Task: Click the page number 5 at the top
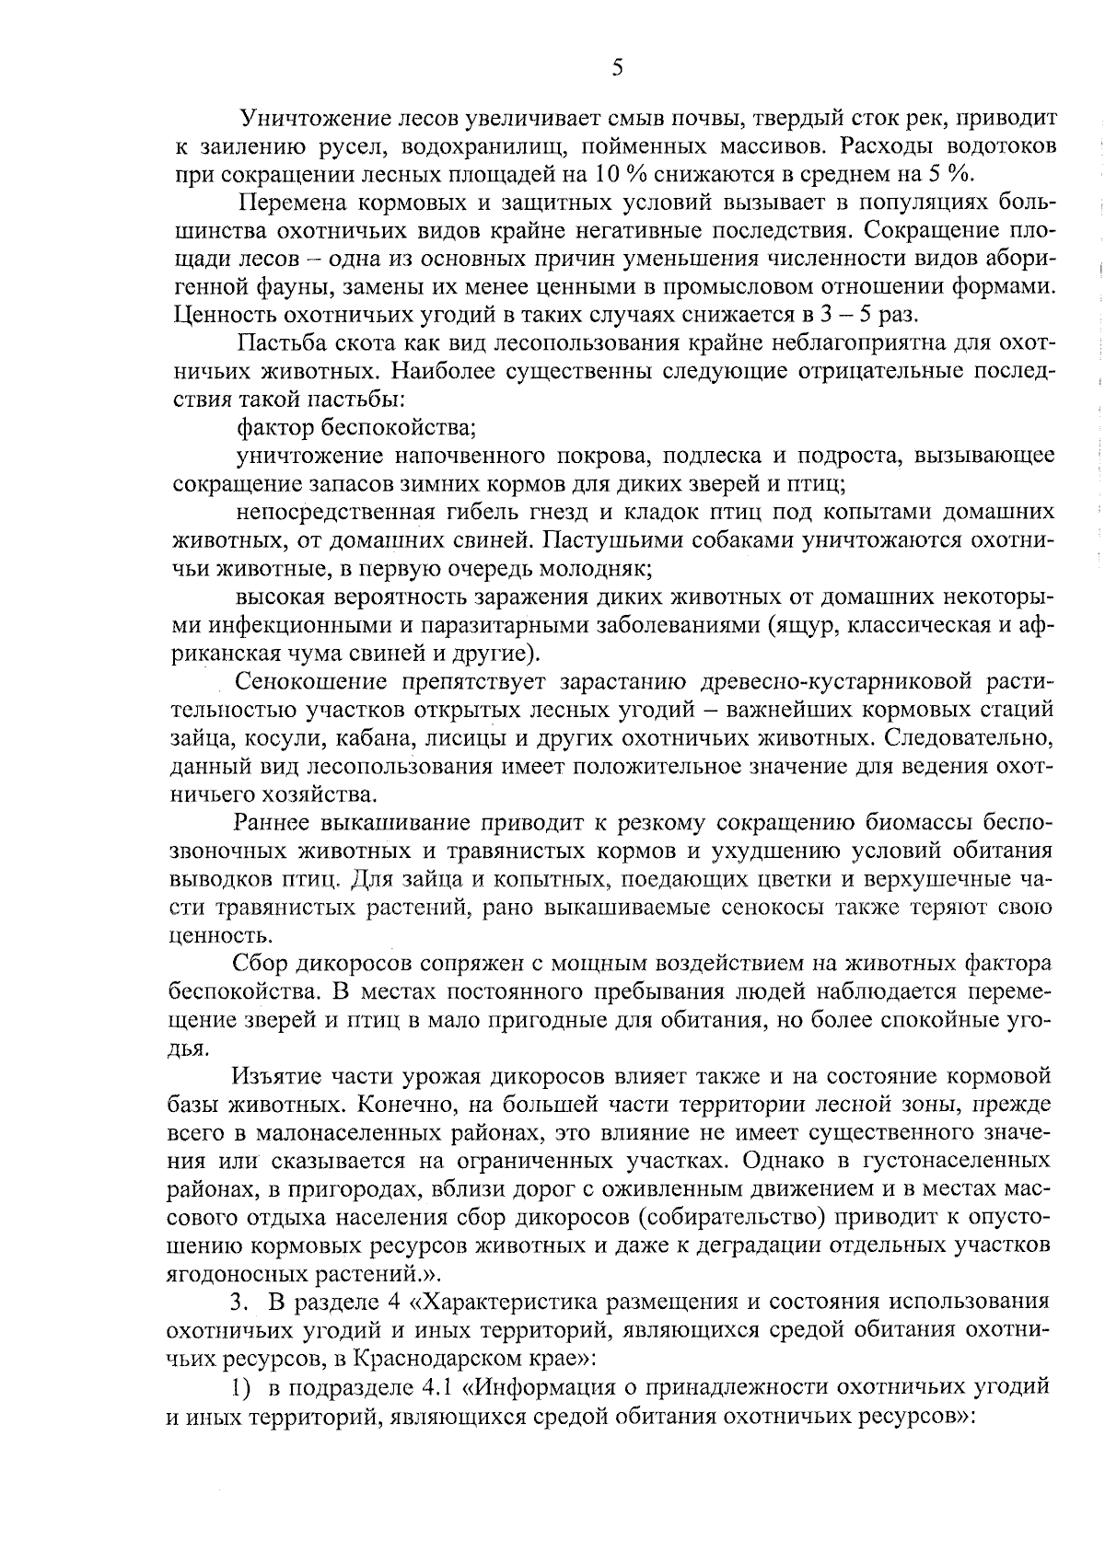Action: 617,67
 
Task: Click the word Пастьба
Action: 281,343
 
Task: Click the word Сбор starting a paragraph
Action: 260,964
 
